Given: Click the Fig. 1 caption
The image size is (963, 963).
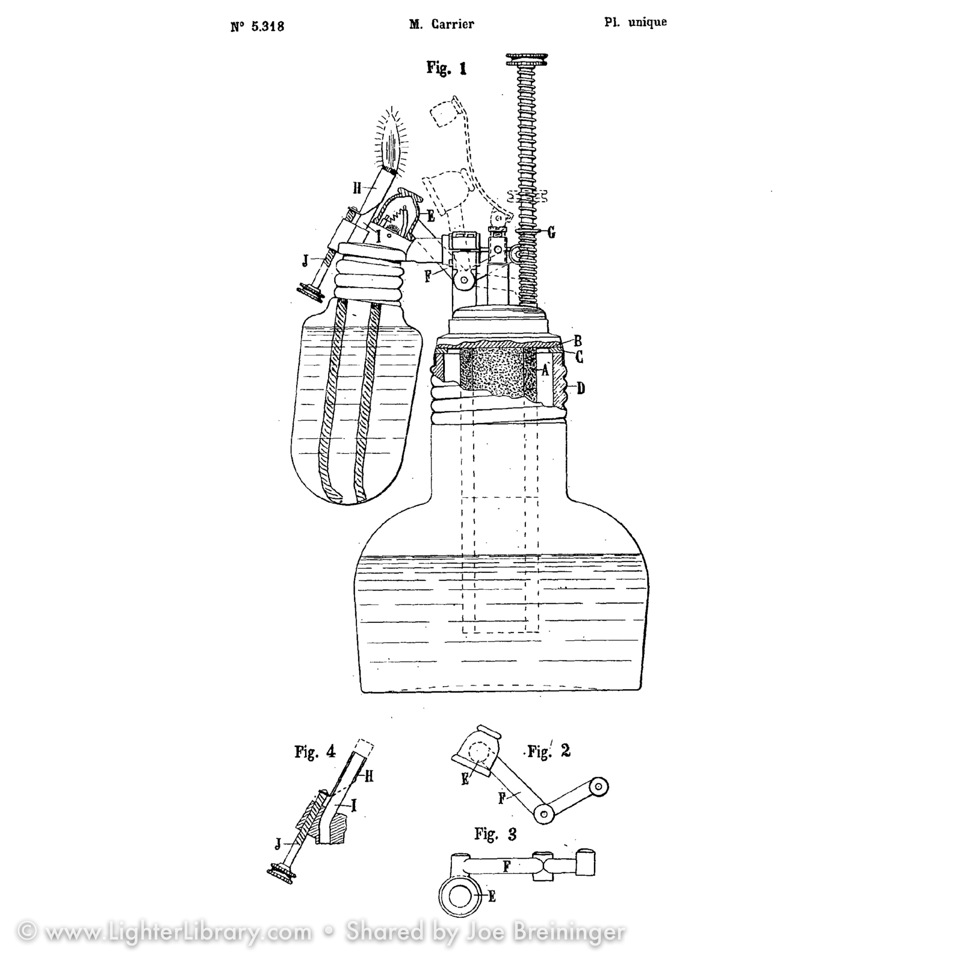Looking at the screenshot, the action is click(x=447, y=67).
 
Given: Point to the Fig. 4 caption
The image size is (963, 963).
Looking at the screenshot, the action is click(x=314, y=752).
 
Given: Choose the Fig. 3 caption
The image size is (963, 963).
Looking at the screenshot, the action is click(x=495, y=834).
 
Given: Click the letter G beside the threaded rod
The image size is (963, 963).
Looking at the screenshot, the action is click(x=551, y=232).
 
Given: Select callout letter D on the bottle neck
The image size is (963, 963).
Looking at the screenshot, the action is click(x=580, y=388).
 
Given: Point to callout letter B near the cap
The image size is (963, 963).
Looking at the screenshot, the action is click(x=578, y=341).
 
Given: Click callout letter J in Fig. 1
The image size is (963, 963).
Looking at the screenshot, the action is click(x=305, y=260).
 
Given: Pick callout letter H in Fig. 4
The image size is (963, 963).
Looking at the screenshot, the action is click(x=368, y=777).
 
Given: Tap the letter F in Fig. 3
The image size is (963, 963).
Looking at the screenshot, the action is click(x=507, y=867).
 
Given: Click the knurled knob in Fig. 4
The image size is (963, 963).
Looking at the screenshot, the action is click(x=281, y=873).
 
